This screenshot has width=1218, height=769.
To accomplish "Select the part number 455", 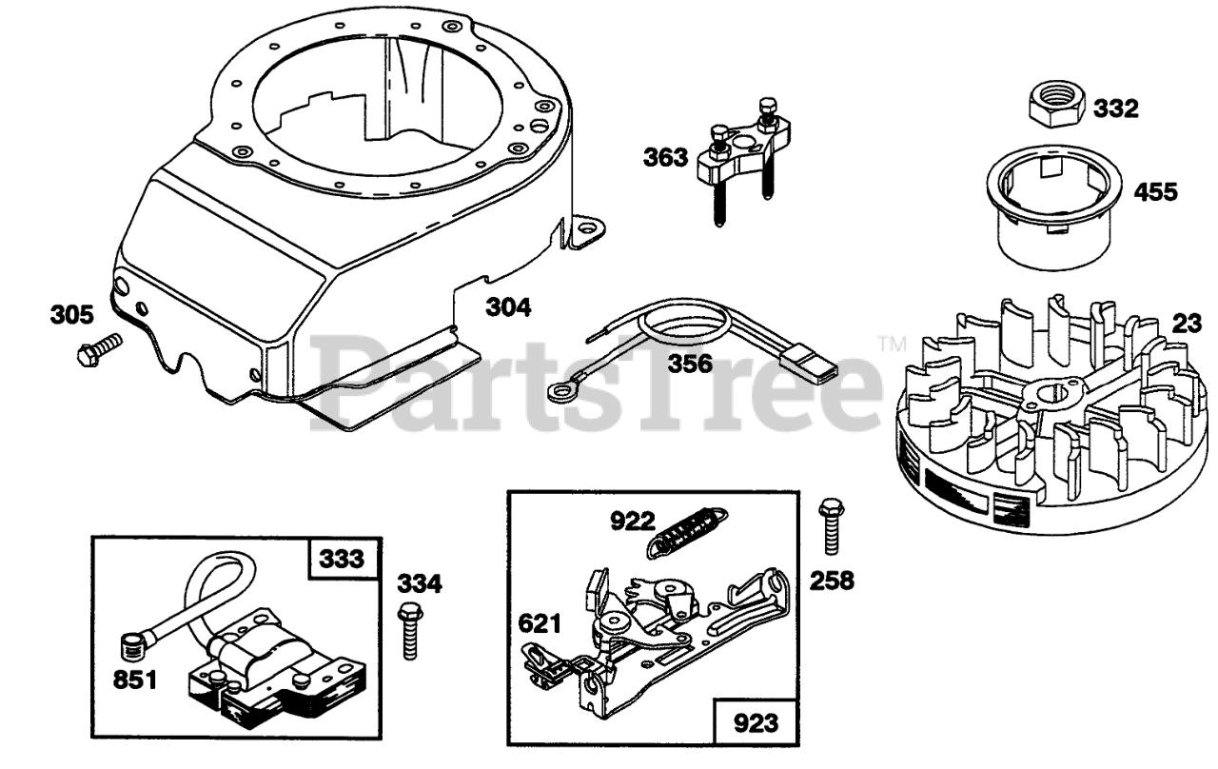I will coord(1155,191).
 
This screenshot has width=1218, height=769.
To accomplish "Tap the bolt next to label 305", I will coord(97,349).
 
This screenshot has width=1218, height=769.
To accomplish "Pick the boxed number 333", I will coord(342,559).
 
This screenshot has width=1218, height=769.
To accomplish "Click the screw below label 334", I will coord(410,630).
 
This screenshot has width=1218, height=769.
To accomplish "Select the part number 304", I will coord(508,307).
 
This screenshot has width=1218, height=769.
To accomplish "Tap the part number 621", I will coord(540,623).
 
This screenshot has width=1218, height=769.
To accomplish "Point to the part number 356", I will coord(690,362).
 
